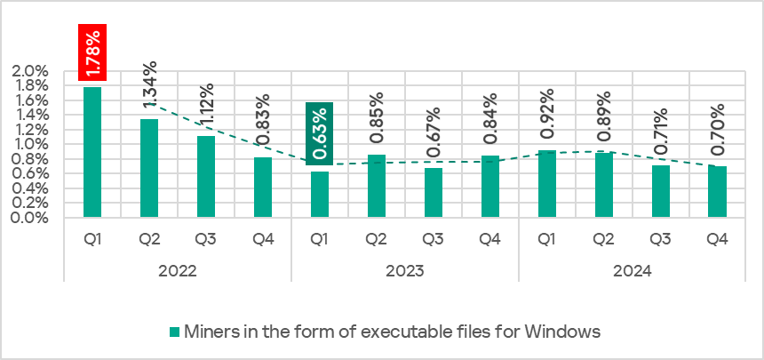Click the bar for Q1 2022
pos(92,151)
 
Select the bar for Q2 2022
pos(149,168)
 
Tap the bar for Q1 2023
pos(320,194)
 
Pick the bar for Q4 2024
pos(718,191)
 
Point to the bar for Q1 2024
pos(547,183)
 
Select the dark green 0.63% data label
pos(320,133)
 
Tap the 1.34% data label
pos(150,87)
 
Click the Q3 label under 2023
pos(434,239)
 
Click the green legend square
pos(174,332)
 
